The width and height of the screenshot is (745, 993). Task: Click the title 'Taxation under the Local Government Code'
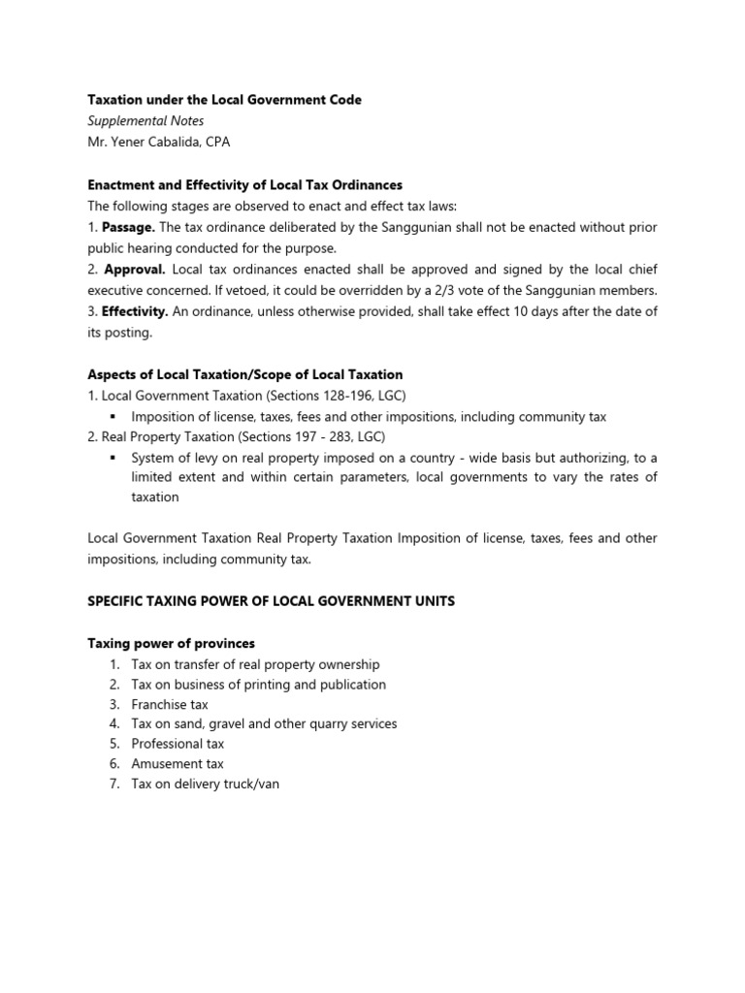tap(224, 100)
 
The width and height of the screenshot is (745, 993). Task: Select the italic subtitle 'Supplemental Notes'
tap(146, 121)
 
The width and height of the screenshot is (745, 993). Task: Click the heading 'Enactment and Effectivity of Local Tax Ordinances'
tap(244, 184)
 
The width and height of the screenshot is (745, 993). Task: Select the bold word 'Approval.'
tap(134, 269)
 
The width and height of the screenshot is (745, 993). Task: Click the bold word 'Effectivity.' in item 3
tap(135, 310)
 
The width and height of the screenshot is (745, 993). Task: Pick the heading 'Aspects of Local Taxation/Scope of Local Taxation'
tap(244, 374)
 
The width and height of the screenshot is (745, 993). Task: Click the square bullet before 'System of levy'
tap(113, 458)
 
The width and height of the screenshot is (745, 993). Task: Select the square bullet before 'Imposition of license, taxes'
tap(113, 417)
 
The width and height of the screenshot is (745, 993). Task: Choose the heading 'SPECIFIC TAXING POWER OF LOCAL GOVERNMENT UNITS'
tap(271, 601)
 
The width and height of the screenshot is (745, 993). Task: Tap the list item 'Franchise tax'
tap(170, 704)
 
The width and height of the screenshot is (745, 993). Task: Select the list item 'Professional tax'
tap(178, 744)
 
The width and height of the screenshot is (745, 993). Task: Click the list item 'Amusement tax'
tap(178, 764)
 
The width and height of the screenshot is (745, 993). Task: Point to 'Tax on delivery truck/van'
tap(205, 784)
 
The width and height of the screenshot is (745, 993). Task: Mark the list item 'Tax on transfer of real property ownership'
tap(255, 664)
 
